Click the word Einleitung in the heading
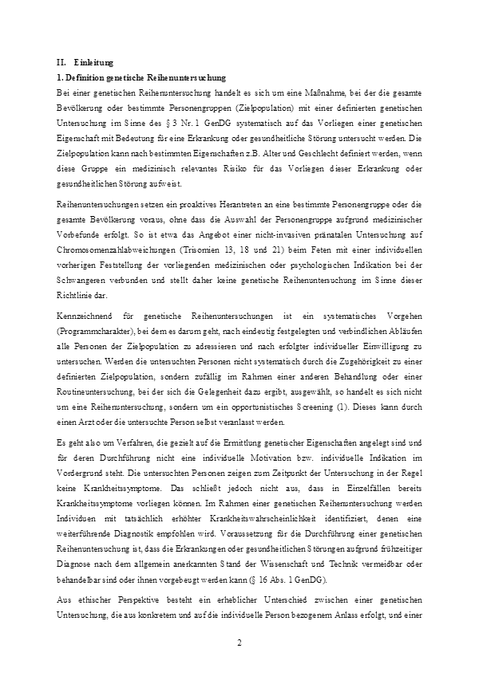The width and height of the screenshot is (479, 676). click(x=93, y=61)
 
